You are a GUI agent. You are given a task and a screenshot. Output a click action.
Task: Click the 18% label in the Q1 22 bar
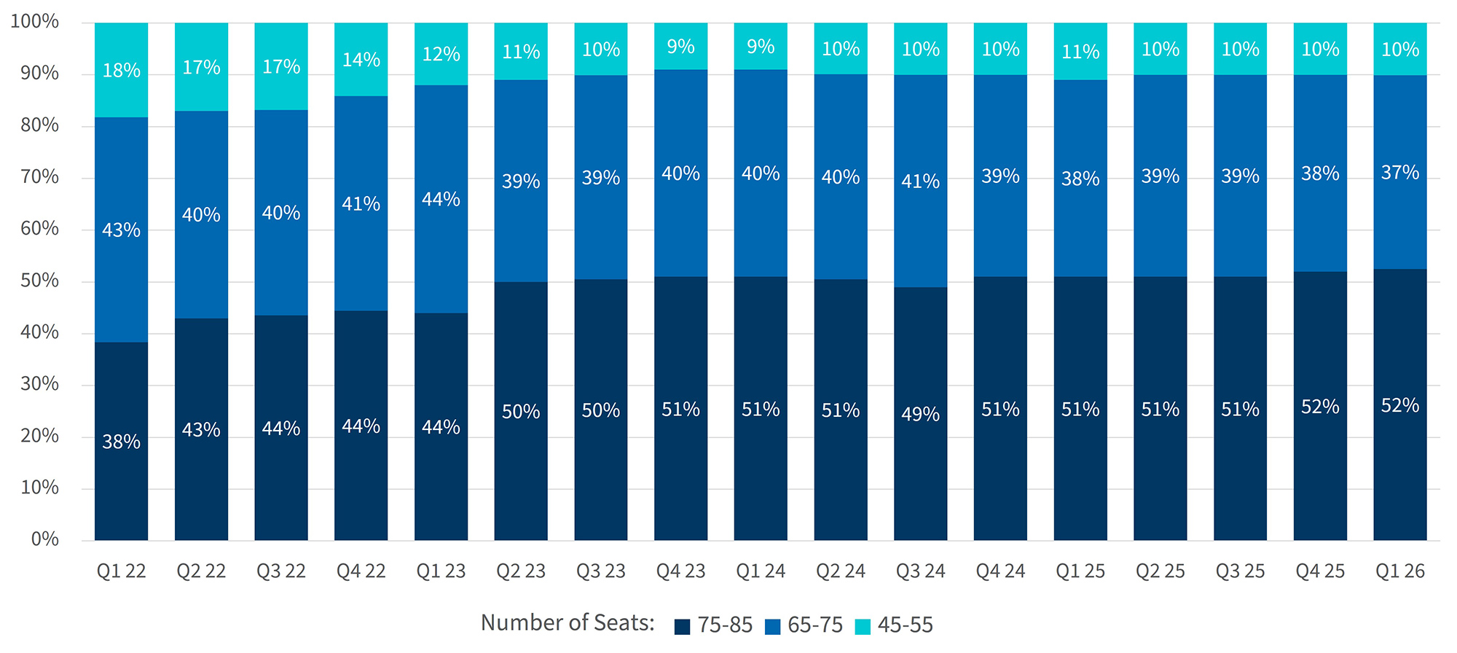[x=121, y=71]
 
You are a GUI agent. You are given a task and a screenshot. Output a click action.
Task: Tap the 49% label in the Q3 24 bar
[x=920, y=414]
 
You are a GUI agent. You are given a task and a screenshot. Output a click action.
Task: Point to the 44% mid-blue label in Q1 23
[x=441, y=199]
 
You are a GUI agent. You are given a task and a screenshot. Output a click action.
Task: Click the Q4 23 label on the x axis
[x=680, y=571]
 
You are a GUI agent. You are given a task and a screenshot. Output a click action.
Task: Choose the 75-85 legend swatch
[x=682, y=627]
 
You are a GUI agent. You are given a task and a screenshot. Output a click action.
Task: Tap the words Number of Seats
[x=568, y=623]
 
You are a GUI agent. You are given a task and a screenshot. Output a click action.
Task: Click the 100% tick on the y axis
[x=35, y=21]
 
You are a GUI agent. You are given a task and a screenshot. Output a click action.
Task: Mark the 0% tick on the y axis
[x=44, y=539]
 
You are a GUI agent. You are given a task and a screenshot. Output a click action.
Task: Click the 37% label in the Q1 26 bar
[x=1399, y=173]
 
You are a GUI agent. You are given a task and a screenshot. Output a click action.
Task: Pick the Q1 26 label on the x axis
[x=1399, y=571]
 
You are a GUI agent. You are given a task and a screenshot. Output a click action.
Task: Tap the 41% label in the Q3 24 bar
[x=920, y=181]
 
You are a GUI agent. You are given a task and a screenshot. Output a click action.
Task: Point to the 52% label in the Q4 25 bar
[x=1320, y=407]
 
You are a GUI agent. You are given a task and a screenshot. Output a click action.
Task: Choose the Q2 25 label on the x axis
[x=1160, y=571]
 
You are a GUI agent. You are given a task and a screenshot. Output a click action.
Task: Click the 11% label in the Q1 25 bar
[x=1080, y=52]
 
